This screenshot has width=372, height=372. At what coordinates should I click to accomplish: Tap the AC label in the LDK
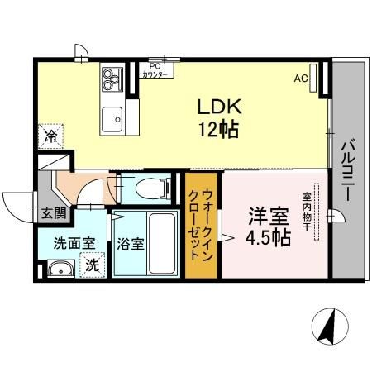pyautogui.click(x=303, y=79)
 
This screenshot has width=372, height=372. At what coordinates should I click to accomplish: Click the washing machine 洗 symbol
pyautogui.click(x=93, y=266)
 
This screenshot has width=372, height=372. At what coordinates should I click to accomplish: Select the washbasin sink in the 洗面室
pyautogui.click(x=57, y=269)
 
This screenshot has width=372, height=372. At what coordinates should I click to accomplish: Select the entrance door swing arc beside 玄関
pyautogui.click(x=18, y=203)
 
